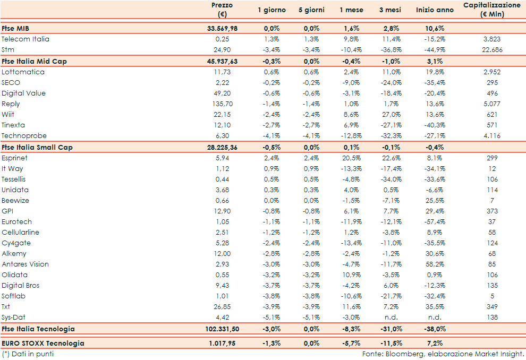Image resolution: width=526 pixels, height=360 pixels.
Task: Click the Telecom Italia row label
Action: coord(26,39)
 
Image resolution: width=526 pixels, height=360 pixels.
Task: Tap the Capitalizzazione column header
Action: coord(491,10)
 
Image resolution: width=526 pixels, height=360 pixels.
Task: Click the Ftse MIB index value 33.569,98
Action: coord(222,28)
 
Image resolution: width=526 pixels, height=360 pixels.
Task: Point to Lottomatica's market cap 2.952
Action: coord(491,72)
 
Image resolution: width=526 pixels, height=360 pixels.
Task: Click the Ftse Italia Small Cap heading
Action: coord(37,147)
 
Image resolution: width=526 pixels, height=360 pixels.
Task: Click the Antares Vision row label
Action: coord(25,264)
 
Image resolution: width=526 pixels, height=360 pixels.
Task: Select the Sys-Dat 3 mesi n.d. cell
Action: coord(393,317)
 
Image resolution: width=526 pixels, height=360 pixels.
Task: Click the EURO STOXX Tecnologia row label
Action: coord(43,343)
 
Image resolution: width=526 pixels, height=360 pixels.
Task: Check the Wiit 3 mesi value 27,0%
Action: coord(393,114)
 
